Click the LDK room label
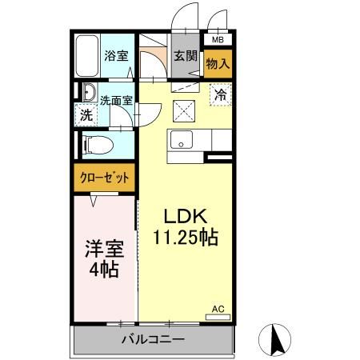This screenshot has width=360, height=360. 186,216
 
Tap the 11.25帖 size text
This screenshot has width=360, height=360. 186,237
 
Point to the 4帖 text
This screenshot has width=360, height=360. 104,269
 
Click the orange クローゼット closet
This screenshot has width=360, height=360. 105,178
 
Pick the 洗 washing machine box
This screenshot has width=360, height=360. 86,114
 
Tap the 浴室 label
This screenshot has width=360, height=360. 116,56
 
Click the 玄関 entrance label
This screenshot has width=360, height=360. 186,56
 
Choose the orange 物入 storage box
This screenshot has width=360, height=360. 218,62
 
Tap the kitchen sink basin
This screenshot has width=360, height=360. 182,138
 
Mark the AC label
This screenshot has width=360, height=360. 218,308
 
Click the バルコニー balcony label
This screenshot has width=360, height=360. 153,339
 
